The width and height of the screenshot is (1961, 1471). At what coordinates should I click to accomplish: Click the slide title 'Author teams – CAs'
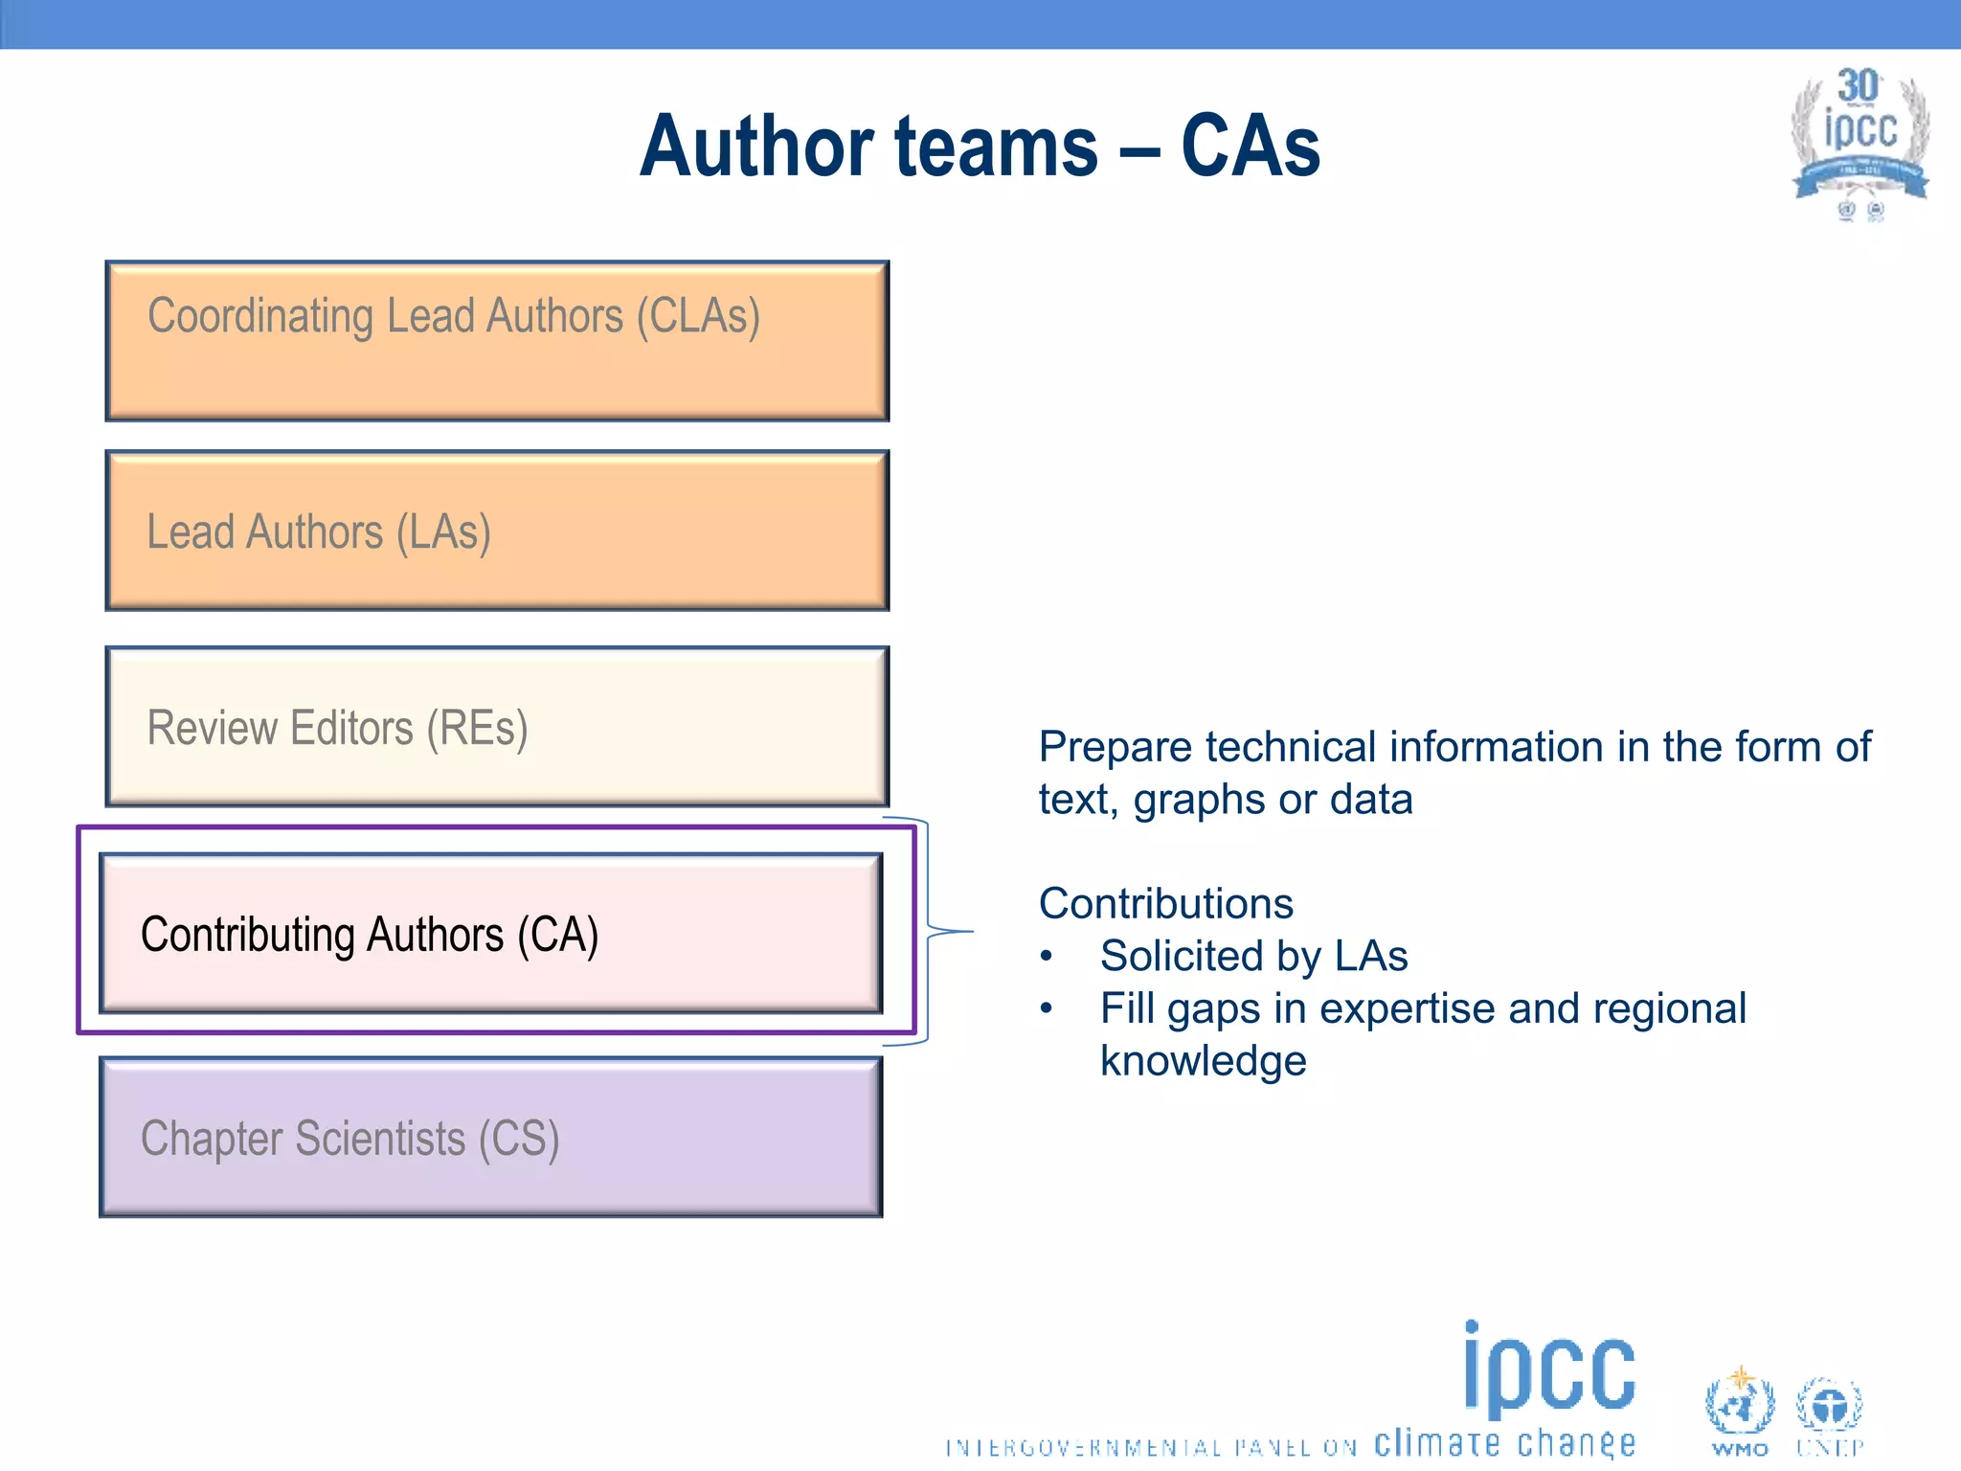(980, 147)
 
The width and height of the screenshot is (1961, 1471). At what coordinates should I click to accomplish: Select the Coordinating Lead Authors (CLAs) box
(497, 341)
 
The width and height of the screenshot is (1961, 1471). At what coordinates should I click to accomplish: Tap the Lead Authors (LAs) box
(497, 531)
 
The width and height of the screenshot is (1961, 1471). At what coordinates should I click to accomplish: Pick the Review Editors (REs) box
(497, 726)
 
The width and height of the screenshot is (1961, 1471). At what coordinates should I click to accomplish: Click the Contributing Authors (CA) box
(490, 933)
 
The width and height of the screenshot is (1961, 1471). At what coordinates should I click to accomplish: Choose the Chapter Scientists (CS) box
(490, 1137)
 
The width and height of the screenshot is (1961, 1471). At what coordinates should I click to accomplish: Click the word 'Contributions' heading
(1165, 903)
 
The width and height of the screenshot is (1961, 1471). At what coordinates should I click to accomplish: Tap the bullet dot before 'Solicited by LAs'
(1047, 956)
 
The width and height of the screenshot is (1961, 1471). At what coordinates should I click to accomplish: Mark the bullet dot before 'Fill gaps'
(1047, 1007)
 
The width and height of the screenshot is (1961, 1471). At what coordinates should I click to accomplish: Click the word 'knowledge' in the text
(1203, 1061)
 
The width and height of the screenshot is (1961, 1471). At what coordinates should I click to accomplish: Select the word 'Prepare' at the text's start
(1115, 747)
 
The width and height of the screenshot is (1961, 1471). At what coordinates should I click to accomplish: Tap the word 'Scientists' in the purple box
(379, 1139)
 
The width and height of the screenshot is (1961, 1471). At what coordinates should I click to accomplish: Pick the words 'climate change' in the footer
(1504, 1442)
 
